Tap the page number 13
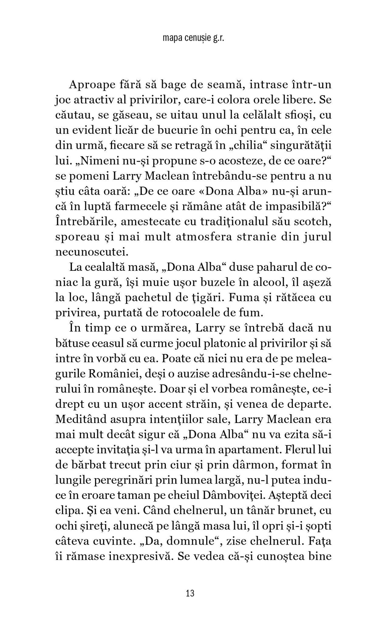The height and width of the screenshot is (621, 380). click(x=190, y=593)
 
